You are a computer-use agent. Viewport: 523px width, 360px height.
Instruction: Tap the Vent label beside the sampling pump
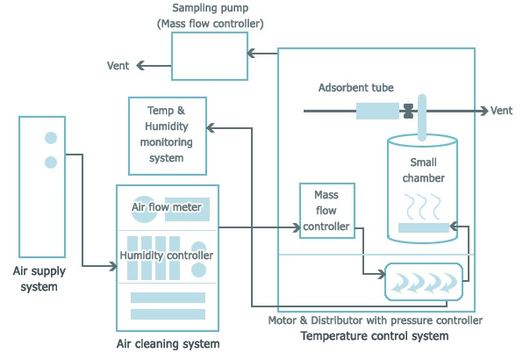point(118,66)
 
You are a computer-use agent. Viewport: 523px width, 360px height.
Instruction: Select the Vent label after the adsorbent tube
point(501,111)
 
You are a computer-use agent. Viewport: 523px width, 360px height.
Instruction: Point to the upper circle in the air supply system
point(51,138)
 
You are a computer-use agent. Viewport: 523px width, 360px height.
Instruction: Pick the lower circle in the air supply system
point(51,162)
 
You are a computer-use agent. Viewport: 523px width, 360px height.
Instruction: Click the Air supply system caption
point(39,278)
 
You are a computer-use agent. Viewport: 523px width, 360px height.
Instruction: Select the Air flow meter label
point(167,207)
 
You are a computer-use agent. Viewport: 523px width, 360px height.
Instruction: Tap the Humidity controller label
point(167,256)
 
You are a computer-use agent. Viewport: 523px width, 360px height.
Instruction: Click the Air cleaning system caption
point(168,343)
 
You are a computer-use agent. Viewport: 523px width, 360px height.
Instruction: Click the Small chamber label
point(423,170)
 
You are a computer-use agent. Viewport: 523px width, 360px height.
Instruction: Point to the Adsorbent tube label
point(356,88)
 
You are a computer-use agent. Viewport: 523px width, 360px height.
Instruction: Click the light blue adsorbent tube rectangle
point(377,111)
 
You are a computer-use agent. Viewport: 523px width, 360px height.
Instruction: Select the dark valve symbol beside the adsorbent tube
point(409,111)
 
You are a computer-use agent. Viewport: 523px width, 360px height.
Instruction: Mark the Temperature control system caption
point(375,336)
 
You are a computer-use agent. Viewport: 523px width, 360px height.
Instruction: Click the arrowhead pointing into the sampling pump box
point(251,53)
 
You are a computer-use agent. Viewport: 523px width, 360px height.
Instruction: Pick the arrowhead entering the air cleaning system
point(113,266)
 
